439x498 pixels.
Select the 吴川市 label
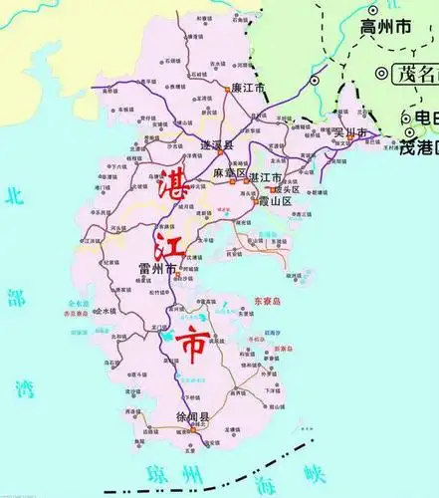pos(351,131)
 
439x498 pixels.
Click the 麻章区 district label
pos(230,173)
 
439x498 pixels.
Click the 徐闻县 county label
pos(191,417)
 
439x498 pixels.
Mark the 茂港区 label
pos(417,148)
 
